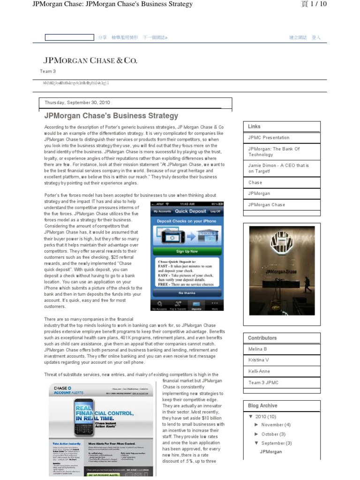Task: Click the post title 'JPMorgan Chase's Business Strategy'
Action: click(111, 115)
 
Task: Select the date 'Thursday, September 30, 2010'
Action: click(77, 103)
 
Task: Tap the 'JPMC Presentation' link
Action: click(269, 138)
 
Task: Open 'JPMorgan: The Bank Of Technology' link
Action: click(274, 152)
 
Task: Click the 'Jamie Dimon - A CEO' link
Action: click(278, 169)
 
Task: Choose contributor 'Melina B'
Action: click(258, 349)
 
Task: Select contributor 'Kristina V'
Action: click(259, 360)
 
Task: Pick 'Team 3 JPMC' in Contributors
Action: click(263, 382)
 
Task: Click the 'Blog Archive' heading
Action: click(262, 405)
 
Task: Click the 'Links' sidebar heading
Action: click(255, 127)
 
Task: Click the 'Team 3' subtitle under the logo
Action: click(48, 71)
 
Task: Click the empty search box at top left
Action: click(69, 37)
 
